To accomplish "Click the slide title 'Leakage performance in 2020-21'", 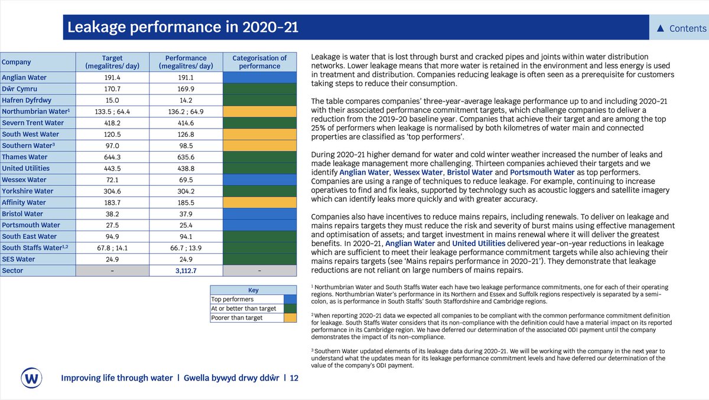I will (x=183, y=28).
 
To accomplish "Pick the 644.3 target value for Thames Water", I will (x=112, y=157).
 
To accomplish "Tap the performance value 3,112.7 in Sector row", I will (x=186, y=270).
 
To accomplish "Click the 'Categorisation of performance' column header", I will (x=259, y=62).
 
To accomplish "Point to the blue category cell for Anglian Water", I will (x=259, y=78).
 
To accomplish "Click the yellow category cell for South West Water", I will (x=259, y=135).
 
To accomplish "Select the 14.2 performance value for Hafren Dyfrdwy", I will (x=186, y=100).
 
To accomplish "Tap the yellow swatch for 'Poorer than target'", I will (x=290, y=318).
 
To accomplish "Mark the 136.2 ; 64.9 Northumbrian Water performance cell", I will (x=186, y=112).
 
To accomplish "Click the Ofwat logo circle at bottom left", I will (x=30, y=377).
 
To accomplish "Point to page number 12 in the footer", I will (x=294, y=378).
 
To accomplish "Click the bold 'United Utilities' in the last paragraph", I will (x=480, y=243).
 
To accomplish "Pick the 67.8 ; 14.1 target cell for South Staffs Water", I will (x=112, y=248).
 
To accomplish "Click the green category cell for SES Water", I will (x=259, y=259).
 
